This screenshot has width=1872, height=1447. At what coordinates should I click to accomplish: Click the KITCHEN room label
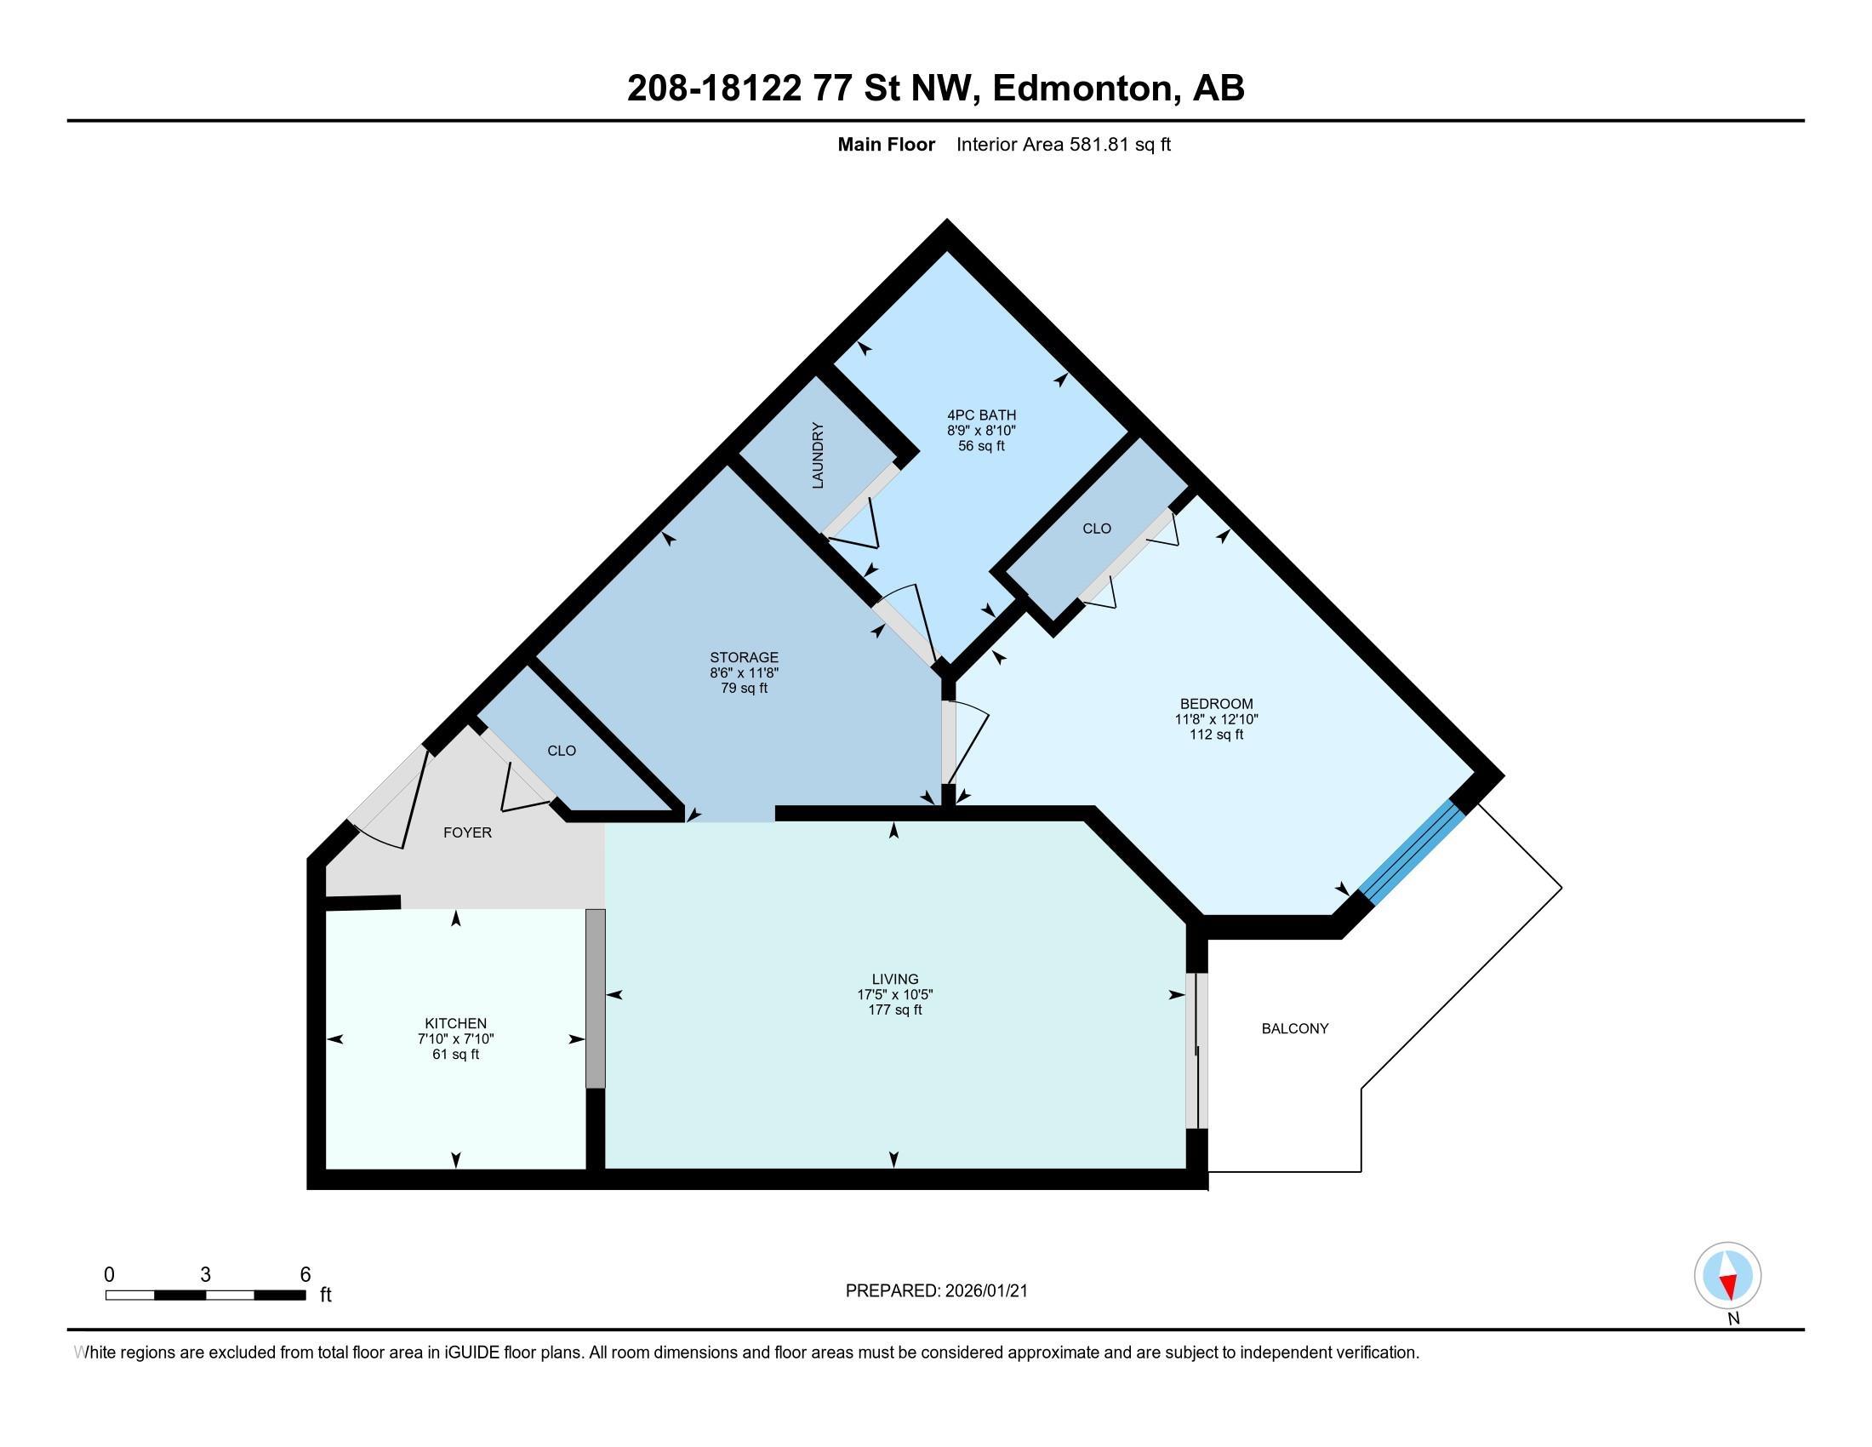point(455,1022)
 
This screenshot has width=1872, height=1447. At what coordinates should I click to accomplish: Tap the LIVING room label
point(895,979)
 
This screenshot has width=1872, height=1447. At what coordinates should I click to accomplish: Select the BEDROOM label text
point(1216,704)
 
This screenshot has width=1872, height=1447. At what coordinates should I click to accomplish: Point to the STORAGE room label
point(744,657)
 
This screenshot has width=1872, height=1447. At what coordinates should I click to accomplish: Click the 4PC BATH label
point(981,415)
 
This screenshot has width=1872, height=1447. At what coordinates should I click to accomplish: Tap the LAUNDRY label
point(818,455)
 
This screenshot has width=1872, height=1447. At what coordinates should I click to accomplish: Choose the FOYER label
point(467,832)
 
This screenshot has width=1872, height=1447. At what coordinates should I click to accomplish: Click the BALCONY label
point(1295,1029)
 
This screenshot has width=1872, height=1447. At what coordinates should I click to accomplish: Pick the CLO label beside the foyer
point(562,751)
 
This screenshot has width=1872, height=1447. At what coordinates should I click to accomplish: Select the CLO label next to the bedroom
point(1097,529)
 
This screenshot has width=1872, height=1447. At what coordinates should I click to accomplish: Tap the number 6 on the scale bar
point(305,1275)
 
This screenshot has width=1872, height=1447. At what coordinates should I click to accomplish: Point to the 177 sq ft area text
point(895,1009)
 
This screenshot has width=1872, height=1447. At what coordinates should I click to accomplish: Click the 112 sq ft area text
point(1216,735)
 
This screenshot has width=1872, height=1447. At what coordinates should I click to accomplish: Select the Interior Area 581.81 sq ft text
point(1064,144)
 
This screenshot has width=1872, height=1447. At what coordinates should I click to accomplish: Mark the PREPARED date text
point(937,1291)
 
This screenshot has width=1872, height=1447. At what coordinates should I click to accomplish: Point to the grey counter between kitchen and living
point(596,998)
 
